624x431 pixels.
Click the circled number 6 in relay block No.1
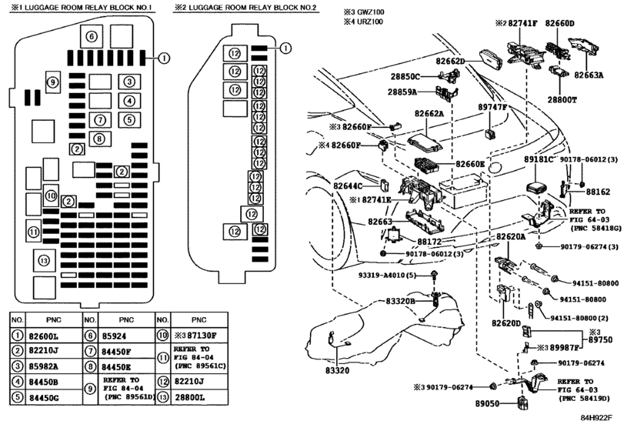91,36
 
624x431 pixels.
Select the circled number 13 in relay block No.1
45,261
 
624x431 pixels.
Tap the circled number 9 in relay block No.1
52,82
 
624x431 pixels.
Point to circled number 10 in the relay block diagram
51,195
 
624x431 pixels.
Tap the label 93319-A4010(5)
385,275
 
